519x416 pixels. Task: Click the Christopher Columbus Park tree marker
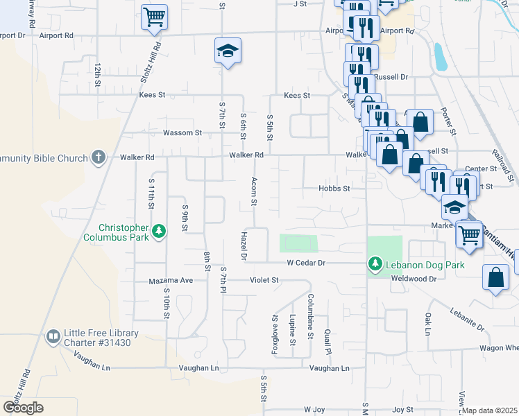(x=159, y=231)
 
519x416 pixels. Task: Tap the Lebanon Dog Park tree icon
(x=375, y=263)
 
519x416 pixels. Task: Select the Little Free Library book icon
(x=53, y=337)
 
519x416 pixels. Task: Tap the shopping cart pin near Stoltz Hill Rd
(x=154, y=17)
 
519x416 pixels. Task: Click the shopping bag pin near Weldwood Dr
(x=497, y=278)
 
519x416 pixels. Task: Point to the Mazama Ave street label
(x=171, y=280)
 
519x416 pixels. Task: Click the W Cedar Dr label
(x=307, y=263)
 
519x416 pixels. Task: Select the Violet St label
(x=264, y=280)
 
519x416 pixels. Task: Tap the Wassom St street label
(x=182, y=132)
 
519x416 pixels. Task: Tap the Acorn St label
(x=254, y=193)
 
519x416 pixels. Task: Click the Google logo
(x=23, y=408)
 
